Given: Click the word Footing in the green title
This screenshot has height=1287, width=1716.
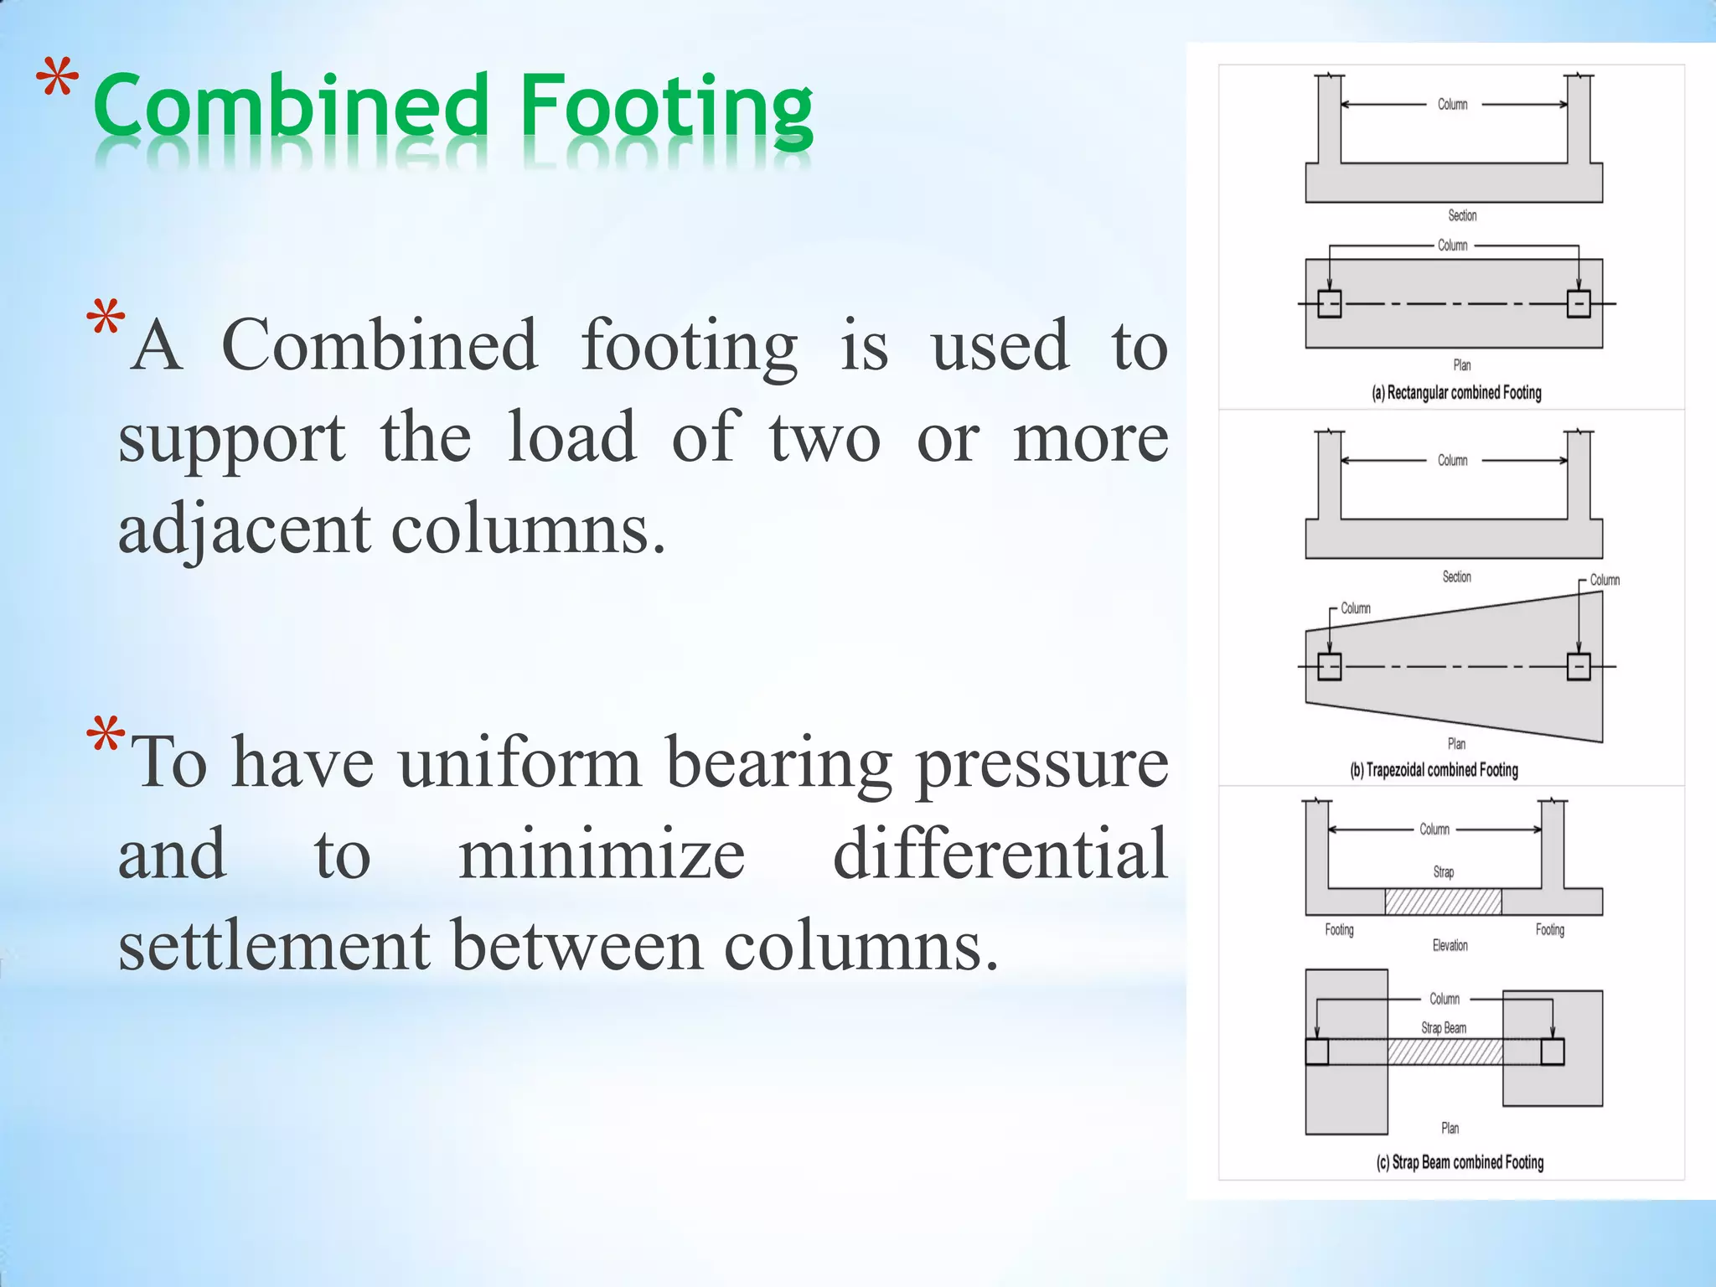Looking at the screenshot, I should pos(666,109).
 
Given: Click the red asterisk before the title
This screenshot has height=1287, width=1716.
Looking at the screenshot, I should pos(57,84).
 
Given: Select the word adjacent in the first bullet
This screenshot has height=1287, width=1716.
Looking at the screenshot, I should pos(244,529).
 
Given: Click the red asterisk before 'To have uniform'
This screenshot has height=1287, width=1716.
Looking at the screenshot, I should pos(106,737).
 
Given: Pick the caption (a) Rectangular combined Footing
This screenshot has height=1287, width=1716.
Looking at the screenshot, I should pos(1456,393).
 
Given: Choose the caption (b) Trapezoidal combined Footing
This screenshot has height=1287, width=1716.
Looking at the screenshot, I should pos(1434,770).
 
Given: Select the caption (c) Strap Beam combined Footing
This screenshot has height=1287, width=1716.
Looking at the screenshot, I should pos(1460,1162).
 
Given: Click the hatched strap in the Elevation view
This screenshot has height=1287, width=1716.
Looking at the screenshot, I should pos(1443,902).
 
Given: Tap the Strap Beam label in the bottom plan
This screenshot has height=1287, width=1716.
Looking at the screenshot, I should pos(1444,1028).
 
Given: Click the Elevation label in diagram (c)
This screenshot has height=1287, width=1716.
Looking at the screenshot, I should pos(1450,946).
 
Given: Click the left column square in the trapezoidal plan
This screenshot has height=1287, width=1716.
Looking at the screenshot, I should pos(1329,667).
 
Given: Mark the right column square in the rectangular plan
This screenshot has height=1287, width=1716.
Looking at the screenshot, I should pos(1579,303).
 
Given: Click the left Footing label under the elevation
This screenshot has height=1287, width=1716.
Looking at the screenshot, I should pos(1339,929).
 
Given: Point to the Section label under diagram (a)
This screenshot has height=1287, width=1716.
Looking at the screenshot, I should pos(1462,216).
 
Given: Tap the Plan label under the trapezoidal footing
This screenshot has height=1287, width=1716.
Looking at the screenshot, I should pos(1456,744).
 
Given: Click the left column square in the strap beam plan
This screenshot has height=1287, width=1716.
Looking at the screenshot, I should pos(1317,1052).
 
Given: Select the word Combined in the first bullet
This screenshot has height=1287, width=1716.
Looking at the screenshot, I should pos(379,345).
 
